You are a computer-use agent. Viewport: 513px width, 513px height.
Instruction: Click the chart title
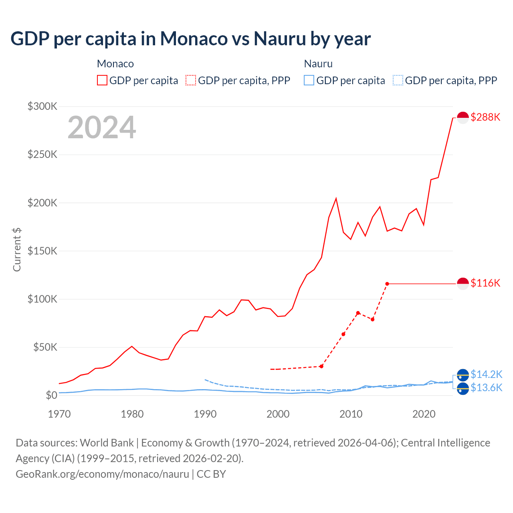pyautogui.click(x=191, y=38)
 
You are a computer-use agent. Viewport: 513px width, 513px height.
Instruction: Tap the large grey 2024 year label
pyautogui.click(x=102, y=127)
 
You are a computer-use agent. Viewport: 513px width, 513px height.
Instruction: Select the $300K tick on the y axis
pyautogui.click(x=42, y=106)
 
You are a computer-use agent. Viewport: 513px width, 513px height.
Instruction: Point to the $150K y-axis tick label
pyautogui.click(x=42, y=251)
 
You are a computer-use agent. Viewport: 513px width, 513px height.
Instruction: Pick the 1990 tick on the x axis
pyautogui.click(x=205, y=414)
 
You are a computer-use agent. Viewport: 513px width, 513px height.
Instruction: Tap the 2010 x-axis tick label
pyautogui.click(x=351, y=414)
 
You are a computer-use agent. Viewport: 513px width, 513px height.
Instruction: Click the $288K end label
pyautogui.click(x=485, y=117)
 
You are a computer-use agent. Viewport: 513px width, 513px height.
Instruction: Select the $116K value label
pyautogui.click(x=485, y=283)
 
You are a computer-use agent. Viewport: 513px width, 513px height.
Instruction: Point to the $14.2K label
pyautogui.click(x=486, y=374)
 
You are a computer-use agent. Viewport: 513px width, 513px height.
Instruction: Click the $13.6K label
pyautogui.click(x=486, y=388)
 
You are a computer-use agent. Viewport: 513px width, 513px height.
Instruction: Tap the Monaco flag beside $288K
pyautogui.click(x=463, y=118)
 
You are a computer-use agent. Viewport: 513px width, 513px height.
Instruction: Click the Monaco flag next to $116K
pyautogui.click(x=463, y=284)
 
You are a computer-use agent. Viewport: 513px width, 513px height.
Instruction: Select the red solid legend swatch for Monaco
pyautogui.click(x=102, y=80)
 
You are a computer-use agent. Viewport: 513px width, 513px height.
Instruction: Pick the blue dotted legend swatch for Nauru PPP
pyautogui.click(x=398, y=80)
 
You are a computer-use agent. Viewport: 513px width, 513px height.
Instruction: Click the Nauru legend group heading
pyautogui.click(x=318, y=64)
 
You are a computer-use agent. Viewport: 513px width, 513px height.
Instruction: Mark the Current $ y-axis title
pyautogui.click(x=17, y=249)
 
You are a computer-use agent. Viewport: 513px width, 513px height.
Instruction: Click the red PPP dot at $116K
pyautogui.click(x=387, y=284)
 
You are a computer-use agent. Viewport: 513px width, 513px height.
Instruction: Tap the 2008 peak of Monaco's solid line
pyautogui.click(x=336, y=198)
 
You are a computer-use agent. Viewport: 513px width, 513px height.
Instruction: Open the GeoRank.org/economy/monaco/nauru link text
pyautogui.click(x=102, y=474)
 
